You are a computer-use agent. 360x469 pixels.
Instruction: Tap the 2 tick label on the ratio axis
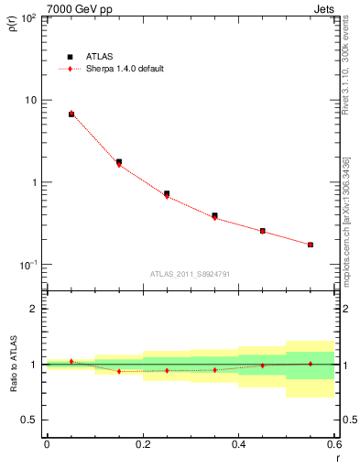[34, 309]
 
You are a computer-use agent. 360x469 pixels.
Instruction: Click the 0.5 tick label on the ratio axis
[30, 420]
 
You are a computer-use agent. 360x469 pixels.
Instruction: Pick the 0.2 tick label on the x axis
[142, 444]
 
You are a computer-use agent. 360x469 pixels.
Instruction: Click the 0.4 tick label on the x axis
[238, 444]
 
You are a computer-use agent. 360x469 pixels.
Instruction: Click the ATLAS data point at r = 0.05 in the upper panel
[71, 114]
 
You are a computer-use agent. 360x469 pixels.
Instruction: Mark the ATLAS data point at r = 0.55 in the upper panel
[311, 245]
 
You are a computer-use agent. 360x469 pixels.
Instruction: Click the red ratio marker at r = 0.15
[119, 371]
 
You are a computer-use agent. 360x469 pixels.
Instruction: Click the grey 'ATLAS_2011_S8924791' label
[190, 273]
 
